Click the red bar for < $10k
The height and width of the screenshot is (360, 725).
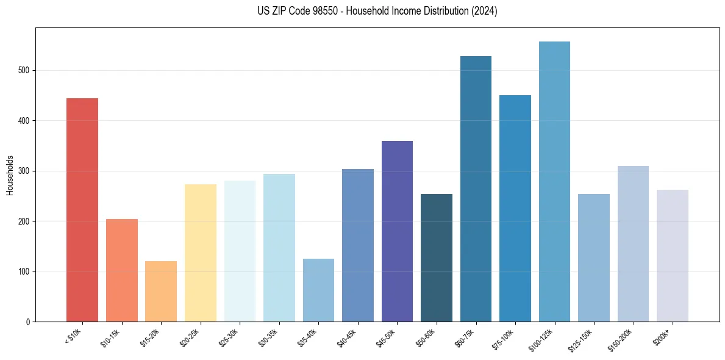pyautogui.click(x=82, y=210)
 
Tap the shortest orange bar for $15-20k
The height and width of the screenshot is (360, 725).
pyautogui.click(x=161, y=292)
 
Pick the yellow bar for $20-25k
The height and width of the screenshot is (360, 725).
pyautogui.click(x=200, y=253)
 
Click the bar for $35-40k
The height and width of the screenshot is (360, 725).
pyautogui.click(x=318, y=290)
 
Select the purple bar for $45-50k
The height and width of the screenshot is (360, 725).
pyautogui.click(x=397, y=231)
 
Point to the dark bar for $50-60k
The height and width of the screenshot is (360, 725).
pyautogui.click(x=437, y=258)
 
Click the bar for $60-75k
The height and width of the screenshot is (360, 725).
pyautogui.click(x=476, y=189)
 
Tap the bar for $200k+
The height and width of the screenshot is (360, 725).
pyautogui.click(x=673, y=256)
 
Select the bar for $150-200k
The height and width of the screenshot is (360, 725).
pyautogui.click(x=633, y=244)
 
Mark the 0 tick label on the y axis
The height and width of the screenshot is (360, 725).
pyautogui.click(x=28, y=322)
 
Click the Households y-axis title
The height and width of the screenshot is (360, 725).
pyautogui.click(x=10, y=175)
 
